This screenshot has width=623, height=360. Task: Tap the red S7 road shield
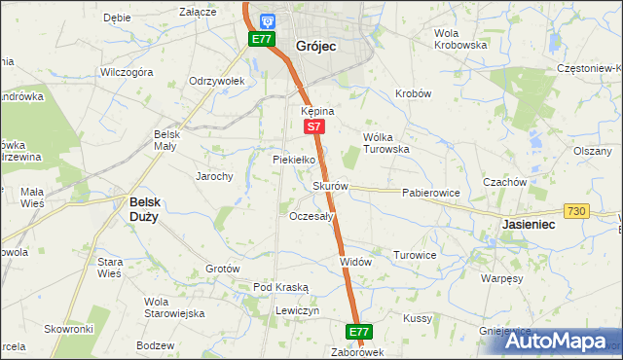pos(312,126)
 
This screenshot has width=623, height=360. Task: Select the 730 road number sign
pos(575,211)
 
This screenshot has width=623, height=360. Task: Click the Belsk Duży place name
pos(146,209)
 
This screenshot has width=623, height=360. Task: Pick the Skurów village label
pos(330,186)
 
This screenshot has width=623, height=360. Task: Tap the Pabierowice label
pos(430,193)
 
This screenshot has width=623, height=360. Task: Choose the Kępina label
pos(317,111)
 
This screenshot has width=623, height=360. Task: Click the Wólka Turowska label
pos(385,143)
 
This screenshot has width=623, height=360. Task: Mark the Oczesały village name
pos(312,216)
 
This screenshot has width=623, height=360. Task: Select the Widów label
pos(356,262)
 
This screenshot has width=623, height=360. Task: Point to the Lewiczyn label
pos(297,310)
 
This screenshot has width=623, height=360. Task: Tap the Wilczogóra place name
pos(127,72)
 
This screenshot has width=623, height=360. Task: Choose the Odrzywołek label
pos(216,81)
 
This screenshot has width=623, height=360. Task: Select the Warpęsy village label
pos(503,277)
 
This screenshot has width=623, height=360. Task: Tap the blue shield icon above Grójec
pos(267,19)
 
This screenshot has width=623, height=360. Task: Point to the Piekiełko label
pos(293,159)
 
